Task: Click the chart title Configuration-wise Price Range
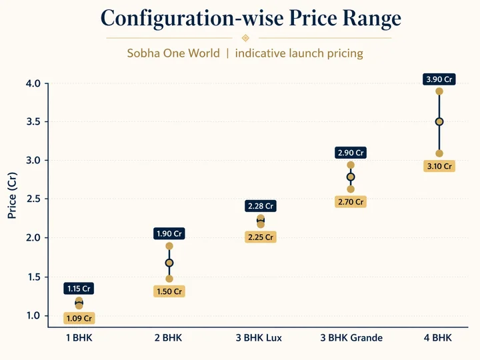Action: click(251, 18)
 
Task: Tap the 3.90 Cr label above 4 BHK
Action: click(439, 79)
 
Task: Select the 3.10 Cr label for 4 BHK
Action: click(439, 166)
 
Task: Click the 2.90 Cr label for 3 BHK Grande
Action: click(351, 153)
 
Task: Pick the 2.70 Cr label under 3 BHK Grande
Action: click(351, 201)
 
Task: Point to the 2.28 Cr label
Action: click(261, 206)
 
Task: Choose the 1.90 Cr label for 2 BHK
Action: click(169, 233)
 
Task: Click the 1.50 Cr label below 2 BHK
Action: click(169, 291)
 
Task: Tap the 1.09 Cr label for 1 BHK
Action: click(79, 318)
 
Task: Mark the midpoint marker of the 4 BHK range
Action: click(439, 122)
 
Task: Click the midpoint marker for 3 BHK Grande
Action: click(351, 177)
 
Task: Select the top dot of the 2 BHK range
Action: click(169, 246)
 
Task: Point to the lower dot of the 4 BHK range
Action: click(439, 153)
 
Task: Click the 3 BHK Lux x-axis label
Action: click(261, 338)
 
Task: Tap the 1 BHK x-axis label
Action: click(79, 338)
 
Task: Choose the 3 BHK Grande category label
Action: click(351, 338)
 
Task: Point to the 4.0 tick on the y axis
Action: click(33, 83)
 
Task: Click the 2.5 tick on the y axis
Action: click(33, 199)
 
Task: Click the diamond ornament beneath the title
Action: click(245, 38)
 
